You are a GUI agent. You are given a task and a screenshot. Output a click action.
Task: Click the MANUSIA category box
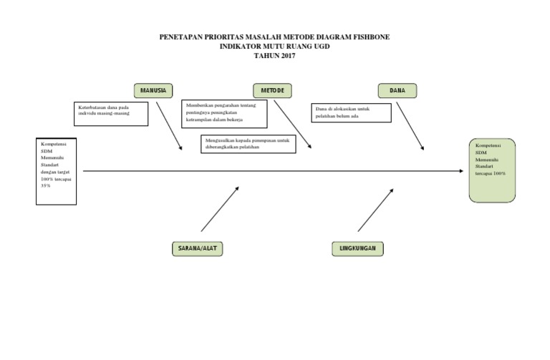pos(153,90)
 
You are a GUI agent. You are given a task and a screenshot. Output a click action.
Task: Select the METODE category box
pos(271,90)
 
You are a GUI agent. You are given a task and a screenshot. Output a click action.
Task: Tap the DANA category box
pos(397,90)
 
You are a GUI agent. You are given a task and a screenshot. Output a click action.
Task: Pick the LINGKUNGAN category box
pos(358,248)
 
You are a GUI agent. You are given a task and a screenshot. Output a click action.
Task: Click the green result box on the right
pos(492,170)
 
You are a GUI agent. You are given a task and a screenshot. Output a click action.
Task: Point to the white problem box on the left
pos(57,171)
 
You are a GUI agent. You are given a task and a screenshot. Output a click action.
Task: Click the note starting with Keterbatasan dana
pos(111,113)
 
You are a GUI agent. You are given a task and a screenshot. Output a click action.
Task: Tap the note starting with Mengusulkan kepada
pos(246,144)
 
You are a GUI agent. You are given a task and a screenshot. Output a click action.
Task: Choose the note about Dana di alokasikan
pos(351,112)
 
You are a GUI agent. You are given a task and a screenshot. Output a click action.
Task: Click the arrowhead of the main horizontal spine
pos(460,171)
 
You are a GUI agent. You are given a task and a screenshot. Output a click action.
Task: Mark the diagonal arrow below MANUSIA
pos(169,125)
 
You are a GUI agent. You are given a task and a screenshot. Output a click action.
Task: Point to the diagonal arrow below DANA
pos(410,125)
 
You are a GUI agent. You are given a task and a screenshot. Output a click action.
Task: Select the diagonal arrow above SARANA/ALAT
pos(220,209)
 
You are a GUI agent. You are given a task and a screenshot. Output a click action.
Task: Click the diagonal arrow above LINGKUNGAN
pos(375,210)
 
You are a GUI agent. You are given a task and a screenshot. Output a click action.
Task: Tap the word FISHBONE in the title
pos(370,37)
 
